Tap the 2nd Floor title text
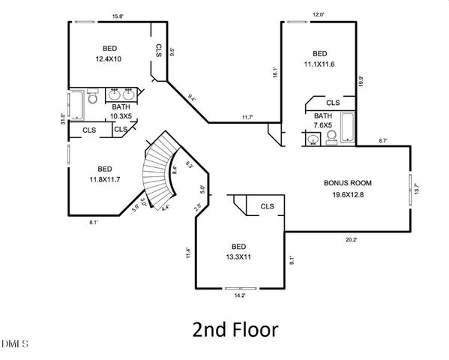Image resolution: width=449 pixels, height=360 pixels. pyautogui.click(x=235, y=329)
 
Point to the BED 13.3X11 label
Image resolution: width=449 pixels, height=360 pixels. pyautogui.click(x=238, y=251)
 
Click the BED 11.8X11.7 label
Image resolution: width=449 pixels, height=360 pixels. pyautogui.click(x=104, y=174)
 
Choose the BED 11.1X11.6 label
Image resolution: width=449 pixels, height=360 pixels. pyautogui.click(x=319, y=59)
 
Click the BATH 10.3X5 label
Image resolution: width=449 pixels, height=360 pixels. pyautogui.click(x=120, y=112)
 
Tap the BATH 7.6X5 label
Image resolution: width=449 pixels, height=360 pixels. pyautogui.click(x=323, y=121)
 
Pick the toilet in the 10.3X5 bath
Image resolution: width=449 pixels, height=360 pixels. pyautogui.click(x=92, y=97)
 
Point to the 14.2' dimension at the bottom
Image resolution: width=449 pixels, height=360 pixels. pyautogui.click(x=241, y=296)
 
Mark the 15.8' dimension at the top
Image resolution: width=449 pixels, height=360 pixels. pyautogui.click(x=117, y=15)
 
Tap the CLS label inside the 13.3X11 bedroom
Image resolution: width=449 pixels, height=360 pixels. pyautogui.click(x=267, y=206)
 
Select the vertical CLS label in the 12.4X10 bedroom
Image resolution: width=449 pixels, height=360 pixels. pyautogui.click(x=159, y=50)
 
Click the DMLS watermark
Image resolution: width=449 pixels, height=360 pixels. pyautogui.click(x=14, y=344)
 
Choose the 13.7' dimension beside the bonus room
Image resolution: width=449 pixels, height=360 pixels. pyautogui.click(x=417, y=190)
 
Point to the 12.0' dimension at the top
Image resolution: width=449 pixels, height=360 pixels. pyautogui.click(x=318, y=15)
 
